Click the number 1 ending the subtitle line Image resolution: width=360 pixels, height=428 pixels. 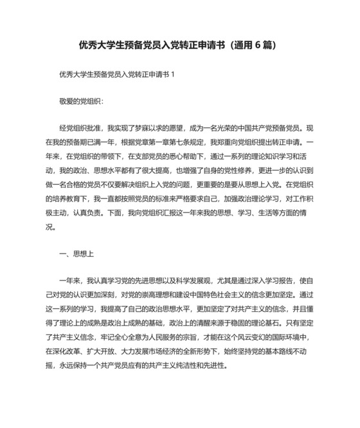coord(173,75)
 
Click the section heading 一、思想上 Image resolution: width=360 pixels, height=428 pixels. coord(76,254)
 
